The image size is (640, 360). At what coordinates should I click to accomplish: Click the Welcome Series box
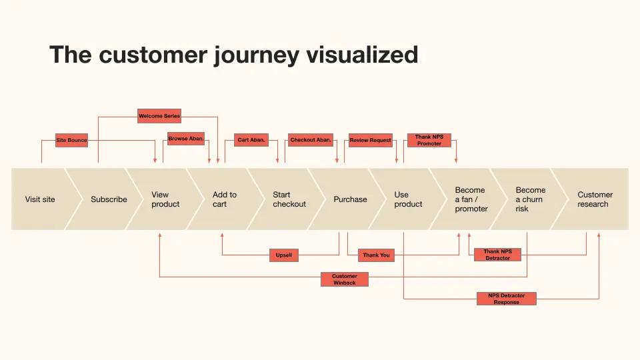click(x=159, y=116)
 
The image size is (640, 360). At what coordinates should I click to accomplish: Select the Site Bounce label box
click(x=71, y=140)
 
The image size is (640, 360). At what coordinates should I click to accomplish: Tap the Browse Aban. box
click(x=186, y=139)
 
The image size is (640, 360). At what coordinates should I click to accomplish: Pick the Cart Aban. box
click(x=251, y=140)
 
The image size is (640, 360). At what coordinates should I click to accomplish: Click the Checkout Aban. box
click(x=311, y=140)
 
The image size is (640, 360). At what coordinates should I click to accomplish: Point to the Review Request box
click(x=371, y=140)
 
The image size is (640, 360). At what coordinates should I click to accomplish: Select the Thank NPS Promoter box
click(x=429, y=140)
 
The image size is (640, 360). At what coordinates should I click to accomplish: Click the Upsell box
click(x=284, y=255)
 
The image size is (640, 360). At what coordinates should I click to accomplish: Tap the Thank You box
click(x=376, y=255)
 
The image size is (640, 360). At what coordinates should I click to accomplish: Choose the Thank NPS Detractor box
click(x=497, y=255)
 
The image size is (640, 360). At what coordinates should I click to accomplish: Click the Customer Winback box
click(x=345, y=279)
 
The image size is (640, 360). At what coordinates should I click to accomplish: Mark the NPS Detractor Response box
click(x=507, y=299)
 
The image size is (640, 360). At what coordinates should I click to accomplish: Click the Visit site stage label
click(x=40, y=199)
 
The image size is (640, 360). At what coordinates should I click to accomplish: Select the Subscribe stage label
click(x=109, y=199)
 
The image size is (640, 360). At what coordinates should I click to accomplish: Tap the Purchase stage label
click(x=350, y=199)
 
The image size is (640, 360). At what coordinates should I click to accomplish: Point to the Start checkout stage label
click(x=289, y=199)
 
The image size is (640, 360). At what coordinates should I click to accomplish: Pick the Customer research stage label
click(x=595, y=199)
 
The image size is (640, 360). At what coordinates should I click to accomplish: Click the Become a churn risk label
click(x=531, y=199)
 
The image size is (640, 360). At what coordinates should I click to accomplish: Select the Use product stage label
click(x=408, y=199)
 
